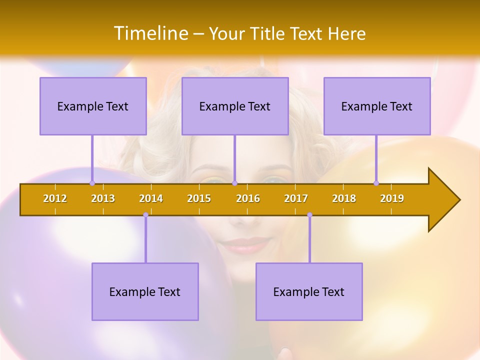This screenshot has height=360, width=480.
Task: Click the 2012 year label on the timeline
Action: (55, 198)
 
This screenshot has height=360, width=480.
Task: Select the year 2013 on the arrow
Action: (103, 198)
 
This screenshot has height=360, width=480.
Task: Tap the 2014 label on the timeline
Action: (151, 198)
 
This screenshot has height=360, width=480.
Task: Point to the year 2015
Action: (199, 198)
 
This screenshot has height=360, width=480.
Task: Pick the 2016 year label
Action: (248, 198)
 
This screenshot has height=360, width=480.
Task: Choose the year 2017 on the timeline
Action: (296, 198)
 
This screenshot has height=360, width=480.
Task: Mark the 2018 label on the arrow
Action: (344, 198)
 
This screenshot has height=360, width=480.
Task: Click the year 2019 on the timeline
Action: (392, 198)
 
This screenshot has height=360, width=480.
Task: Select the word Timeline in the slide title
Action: (151, 33)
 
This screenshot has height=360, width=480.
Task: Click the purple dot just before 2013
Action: (92, 183)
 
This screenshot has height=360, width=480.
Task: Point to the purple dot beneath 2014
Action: (145, 215)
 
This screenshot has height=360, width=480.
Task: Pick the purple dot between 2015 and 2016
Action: (234, 183)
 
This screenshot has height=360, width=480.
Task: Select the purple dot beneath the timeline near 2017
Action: (309, 215)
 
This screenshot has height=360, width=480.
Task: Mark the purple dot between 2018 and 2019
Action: (376, 183)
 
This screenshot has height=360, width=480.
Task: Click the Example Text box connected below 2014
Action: (145, 291)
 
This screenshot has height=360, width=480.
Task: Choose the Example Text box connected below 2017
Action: (309, 291)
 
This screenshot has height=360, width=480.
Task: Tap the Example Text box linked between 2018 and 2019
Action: (377, 106)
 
